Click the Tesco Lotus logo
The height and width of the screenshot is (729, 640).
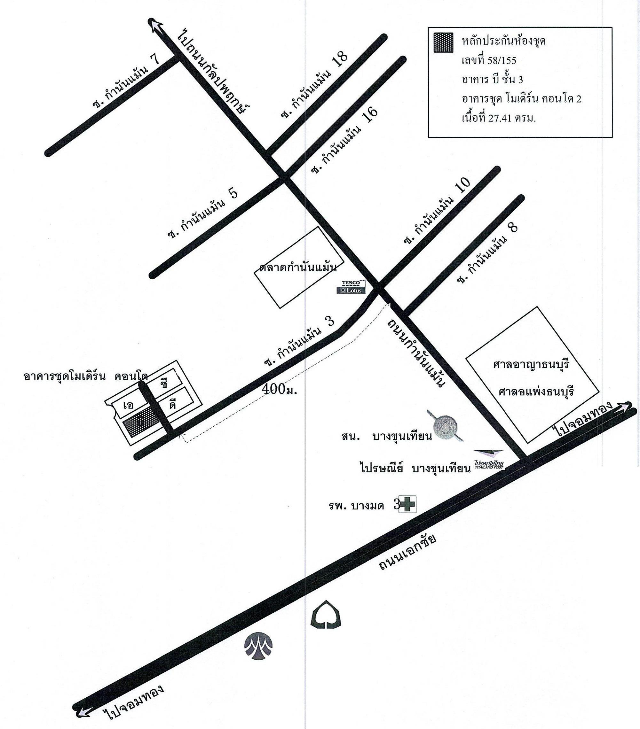[x=352, y=287]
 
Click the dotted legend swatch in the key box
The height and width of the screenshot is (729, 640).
[x=443, y=43]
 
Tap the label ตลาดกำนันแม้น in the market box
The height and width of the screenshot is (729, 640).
[x=298, y=268]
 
